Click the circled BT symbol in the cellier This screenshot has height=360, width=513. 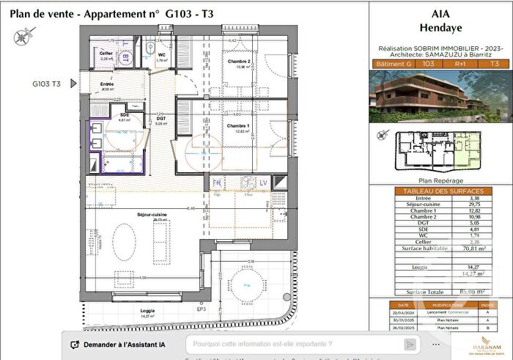(x=125, y=55)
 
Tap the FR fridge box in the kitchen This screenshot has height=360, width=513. (x=217, y=182)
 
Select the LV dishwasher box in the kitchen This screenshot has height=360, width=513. (x=264, y=182)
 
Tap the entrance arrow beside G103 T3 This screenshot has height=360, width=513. (x=72, y=84)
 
